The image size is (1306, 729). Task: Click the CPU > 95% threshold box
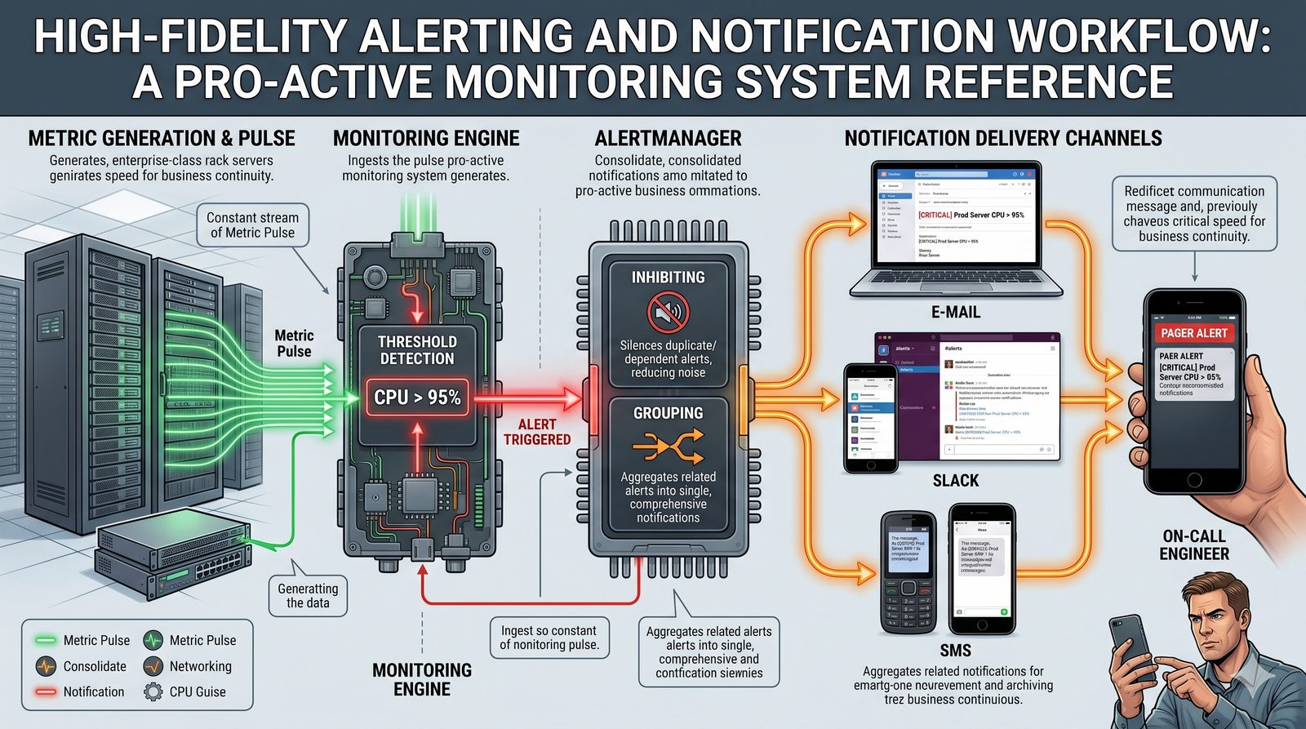coord(417,398)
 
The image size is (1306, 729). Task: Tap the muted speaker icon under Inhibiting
coord(668,312)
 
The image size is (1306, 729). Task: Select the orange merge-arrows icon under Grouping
coord(668,447)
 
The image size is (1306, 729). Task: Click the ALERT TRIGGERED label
coord(536,432)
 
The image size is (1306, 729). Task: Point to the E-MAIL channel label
coord(956,312)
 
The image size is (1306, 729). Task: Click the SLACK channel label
coord(956,481)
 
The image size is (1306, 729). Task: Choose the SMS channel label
coord(955,651)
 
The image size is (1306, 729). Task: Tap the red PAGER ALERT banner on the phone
coord(1193,333)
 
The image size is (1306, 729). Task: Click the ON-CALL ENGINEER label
coord(1194,545)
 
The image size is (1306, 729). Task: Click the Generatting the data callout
coord(308,596)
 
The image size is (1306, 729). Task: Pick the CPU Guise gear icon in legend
coord(153,691)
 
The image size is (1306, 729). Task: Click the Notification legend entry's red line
coord(46,691)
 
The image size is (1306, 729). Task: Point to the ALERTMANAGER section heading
coord(668,139)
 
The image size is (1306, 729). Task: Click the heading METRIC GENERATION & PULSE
coord(162,139)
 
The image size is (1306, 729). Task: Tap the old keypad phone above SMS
coord(909,571)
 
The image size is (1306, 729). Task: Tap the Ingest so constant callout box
coord(549,638)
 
